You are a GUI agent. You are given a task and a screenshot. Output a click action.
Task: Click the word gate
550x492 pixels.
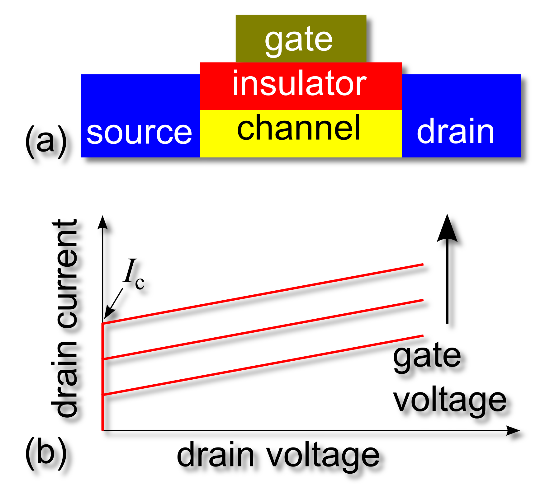[299, 40]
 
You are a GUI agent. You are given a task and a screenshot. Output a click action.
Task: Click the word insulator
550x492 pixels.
[299, 83]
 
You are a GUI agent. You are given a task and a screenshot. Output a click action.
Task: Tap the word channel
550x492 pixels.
[299, 128]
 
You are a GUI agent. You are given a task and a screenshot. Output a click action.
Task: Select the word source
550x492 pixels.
[139, 133]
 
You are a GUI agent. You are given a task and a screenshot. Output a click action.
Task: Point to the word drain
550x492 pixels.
[455, 131]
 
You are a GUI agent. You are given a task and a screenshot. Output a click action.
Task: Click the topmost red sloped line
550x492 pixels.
[263, 294]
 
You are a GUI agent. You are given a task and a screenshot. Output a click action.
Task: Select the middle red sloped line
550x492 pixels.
[263, 330]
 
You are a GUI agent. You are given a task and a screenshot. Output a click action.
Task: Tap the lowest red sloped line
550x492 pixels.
[263, 365]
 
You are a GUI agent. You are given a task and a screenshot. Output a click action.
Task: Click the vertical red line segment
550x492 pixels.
[102, 411]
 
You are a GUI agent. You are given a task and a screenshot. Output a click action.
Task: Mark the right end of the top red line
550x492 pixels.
[423, 265]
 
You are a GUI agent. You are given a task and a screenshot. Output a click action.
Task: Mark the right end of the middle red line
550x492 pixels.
[423, 300]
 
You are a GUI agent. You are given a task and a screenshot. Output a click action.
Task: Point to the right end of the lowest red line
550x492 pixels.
[423, 335]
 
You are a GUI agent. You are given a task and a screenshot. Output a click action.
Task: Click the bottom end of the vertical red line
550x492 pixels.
[102, 429]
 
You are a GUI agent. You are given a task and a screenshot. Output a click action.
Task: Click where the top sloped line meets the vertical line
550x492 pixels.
[103, 324]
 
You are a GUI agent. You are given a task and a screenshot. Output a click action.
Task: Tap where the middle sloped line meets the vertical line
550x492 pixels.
[103, 359]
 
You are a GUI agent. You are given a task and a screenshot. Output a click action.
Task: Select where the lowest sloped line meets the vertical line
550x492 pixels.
[103, 395]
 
